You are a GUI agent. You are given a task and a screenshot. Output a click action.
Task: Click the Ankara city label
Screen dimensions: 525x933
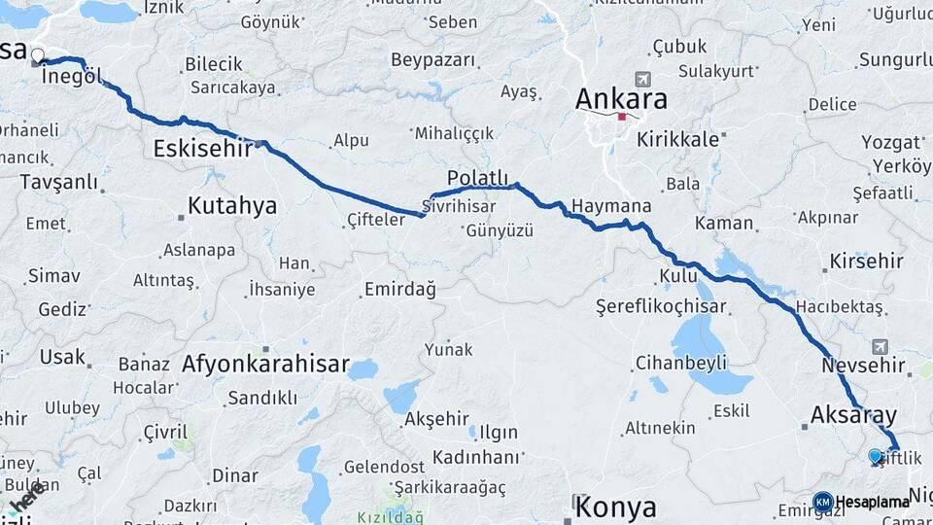tap(621, 99)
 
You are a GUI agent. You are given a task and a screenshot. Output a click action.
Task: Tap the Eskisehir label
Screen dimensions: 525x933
tap(203, 149)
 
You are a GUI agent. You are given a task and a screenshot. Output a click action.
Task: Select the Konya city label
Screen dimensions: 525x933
tap(615, 507)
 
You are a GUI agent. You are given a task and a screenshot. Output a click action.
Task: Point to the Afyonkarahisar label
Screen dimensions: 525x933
tap(264, 365)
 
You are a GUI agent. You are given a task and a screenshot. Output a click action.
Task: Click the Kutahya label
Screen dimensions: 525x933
tap(231, 206)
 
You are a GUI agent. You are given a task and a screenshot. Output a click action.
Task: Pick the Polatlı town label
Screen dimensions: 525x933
tap(477, 178)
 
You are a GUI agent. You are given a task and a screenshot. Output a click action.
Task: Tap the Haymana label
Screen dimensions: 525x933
tap(611, 207)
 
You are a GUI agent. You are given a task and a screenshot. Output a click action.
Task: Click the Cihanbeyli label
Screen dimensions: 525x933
tap(681, 363)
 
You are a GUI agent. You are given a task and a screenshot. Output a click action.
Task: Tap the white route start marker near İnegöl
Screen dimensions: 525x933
tap(38, 55)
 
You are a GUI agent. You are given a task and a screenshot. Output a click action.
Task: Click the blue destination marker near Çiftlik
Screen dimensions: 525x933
tap(876, 456)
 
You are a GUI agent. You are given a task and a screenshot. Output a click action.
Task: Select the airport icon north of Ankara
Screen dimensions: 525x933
tap(641, 79)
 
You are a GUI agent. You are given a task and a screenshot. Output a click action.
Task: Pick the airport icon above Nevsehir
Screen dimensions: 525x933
tap(881, 346)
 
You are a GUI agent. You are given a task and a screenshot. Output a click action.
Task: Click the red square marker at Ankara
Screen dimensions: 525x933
tap(622, 118)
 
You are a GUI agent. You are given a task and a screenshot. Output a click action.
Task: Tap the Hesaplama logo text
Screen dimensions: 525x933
tap(872, 503)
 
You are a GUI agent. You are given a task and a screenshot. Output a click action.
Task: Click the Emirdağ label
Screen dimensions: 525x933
tap(399, 290)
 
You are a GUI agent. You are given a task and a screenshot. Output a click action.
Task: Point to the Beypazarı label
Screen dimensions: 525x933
tap(433, 60)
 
